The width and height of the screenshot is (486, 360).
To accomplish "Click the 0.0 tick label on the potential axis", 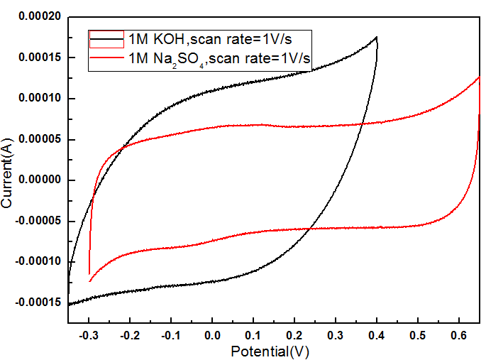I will pos(211,333).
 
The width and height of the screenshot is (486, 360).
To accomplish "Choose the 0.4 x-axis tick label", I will pos(377,333).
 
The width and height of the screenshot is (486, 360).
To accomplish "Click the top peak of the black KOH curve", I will pos(377,37).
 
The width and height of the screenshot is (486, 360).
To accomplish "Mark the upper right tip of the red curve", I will pos(480,77).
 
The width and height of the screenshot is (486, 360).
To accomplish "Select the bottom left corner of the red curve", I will pos(90,281).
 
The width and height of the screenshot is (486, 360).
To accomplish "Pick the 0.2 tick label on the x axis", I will pos(294,333).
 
